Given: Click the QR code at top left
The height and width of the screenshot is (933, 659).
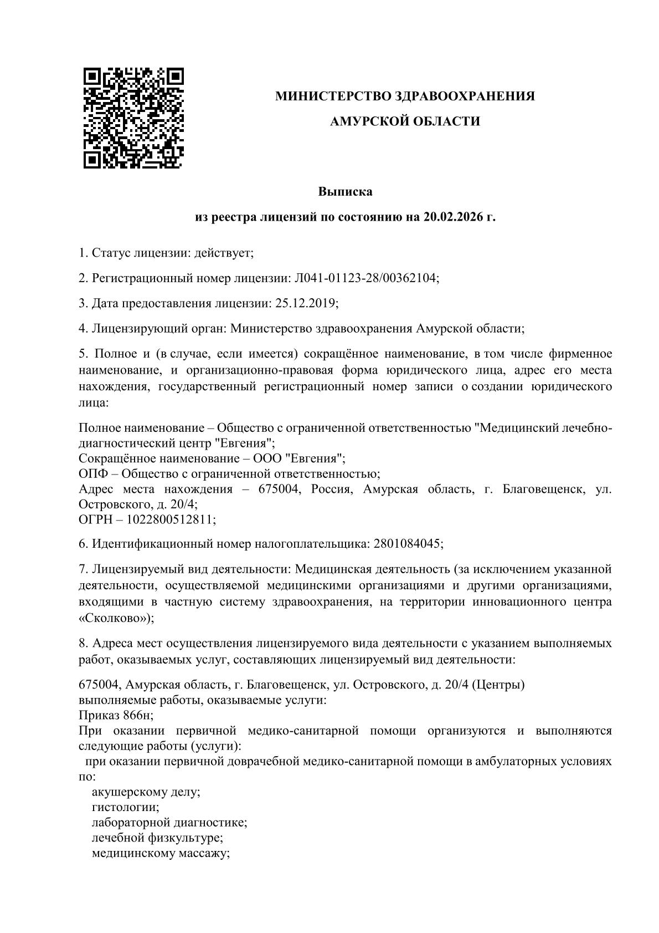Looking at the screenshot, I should [133, 118].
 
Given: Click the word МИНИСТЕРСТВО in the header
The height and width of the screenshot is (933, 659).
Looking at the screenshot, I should [333, 96].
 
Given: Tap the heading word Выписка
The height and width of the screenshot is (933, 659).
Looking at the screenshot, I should [345, 192].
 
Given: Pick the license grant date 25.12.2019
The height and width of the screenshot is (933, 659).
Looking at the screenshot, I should [305, 303].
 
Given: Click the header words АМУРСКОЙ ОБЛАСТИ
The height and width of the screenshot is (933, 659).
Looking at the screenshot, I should [405, 121].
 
